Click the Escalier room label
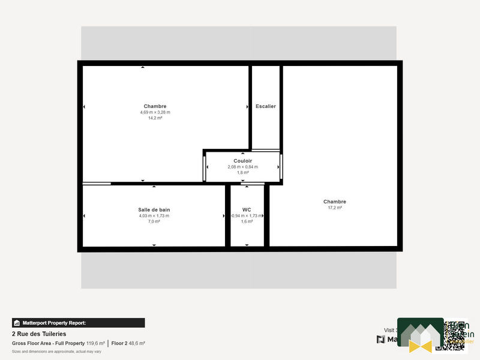265,106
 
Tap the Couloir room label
242,161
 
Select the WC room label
247,209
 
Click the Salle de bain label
154,209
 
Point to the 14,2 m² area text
155,118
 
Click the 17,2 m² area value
335,208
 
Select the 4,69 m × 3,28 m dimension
155,112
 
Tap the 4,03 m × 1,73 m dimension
154,215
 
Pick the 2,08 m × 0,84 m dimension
242,167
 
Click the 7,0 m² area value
154,221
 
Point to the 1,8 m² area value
242,173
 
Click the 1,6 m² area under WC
247,221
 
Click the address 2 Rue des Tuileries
39,334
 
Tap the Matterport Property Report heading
54,323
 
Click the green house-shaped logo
420,335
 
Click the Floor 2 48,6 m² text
128,343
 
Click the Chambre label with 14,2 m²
155,106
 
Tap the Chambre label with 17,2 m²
335,202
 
